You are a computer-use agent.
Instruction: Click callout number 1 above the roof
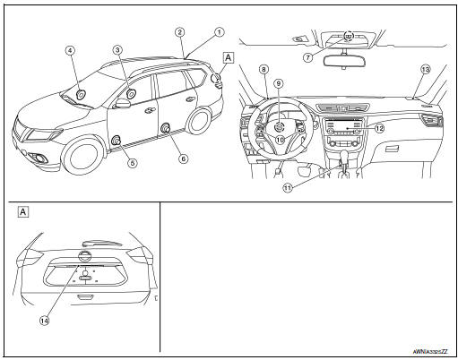click(x=217, y=31)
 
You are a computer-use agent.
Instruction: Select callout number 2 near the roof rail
click(x=179, y=31)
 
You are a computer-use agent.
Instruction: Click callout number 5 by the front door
click(x=132, y=163)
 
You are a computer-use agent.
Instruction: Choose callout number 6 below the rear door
click(x=184, y=159)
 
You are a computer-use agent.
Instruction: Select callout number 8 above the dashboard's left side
click(x=264, y=69)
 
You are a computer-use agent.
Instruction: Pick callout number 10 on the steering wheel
click(x=279, y=139)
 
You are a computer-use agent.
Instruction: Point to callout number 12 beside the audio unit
click(x=379, y=128)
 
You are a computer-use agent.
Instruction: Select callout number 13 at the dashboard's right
click(x=425, y=69)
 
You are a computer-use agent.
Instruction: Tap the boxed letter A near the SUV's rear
click(x=228, y=56)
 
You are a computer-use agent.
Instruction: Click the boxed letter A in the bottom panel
click(x=22, y=212)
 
